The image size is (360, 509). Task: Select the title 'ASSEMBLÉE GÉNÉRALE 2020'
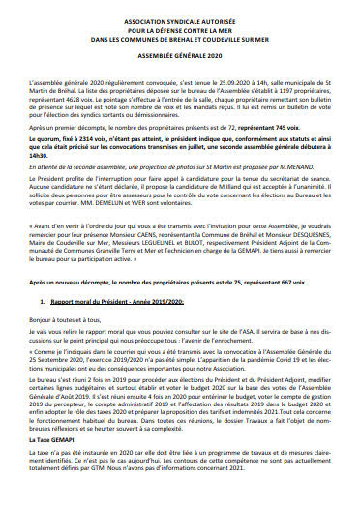tap(179, 55)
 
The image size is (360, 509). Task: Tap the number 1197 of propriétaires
tap(265, 94)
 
